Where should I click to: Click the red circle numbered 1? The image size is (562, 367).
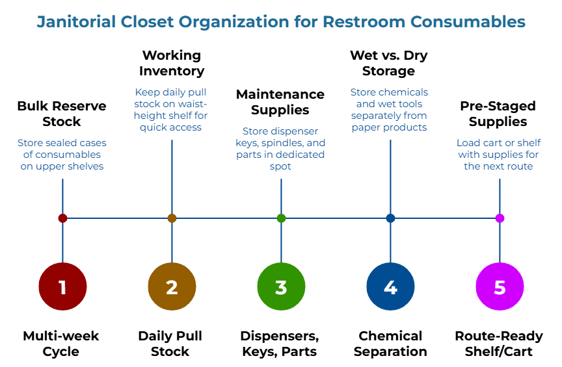[62, 286]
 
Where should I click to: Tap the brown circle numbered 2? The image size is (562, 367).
[172, 286]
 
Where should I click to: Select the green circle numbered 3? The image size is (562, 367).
[281, 286]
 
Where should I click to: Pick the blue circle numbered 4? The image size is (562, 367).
[390, 286]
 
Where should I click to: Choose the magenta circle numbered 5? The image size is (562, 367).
[500, 286]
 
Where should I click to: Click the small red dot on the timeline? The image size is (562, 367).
[62, 218]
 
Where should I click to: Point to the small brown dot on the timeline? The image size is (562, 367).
[172, 218]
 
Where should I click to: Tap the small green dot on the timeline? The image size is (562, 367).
[281, 218]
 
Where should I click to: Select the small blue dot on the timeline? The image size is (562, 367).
[390, 218]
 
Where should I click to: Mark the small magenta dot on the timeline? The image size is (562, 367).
[500, 218]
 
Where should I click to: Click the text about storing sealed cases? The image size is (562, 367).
[62, 155]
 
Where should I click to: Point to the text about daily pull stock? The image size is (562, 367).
[171, 110]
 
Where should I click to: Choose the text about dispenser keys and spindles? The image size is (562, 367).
[280, 149]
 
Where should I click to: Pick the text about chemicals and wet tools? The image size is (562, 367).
[390, 110]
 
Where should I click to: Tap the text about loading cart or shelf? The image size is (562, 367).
[499, 155]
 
